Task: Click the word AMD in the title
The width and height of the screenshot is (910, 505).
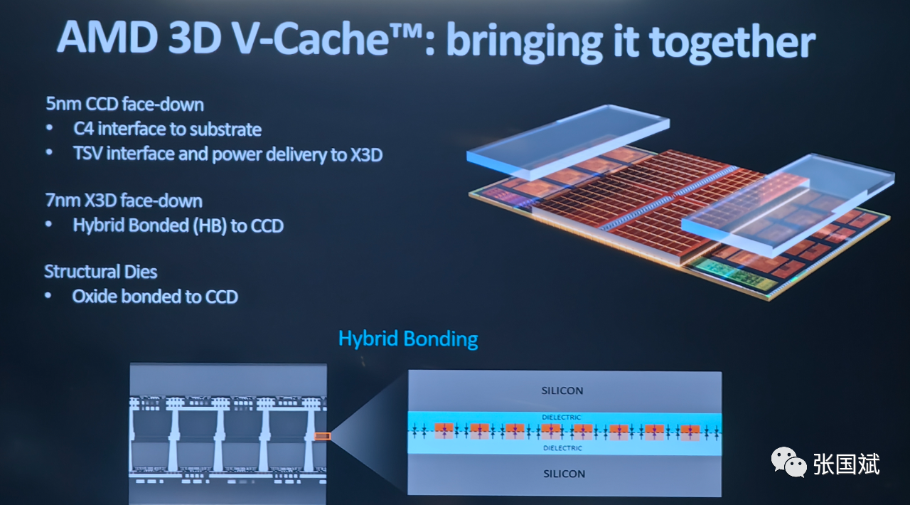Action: [x=107, y=37]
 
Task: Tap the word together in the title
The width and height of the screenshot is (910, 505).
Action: [x=732, y=42]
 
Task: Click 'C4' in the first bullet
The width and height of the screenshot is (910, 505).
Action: [x=84, y=129]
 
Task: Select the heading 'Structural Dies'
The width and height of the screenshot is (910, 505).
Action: [x=101, y=272]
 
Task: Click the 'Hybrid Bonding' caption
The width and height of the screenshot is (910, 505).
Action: [x=408, y=339]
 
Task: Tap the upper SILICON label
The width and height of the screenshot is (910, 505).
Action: [x=562, y=390]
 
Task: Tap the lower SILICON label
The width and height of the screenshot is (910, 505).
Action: [x=564, y=474]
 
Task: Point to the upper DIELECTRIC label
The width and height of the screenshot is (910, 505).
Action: [x=562, y=418]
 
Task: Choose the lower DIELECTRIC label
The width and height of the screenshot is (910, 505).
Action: [x=562, y=448]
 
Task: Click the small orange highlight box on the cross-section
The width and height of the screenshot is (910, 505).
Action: [x=323, y=436]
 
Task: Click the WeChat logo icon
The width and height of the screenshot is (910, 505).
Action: [x=788, y=462]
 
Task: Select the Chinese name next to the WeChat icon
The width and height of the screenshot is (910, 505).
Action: [x=846, y=464]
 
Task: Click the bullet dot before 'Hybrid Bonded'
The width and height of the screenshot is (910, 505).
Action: [x=49, y=224]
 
